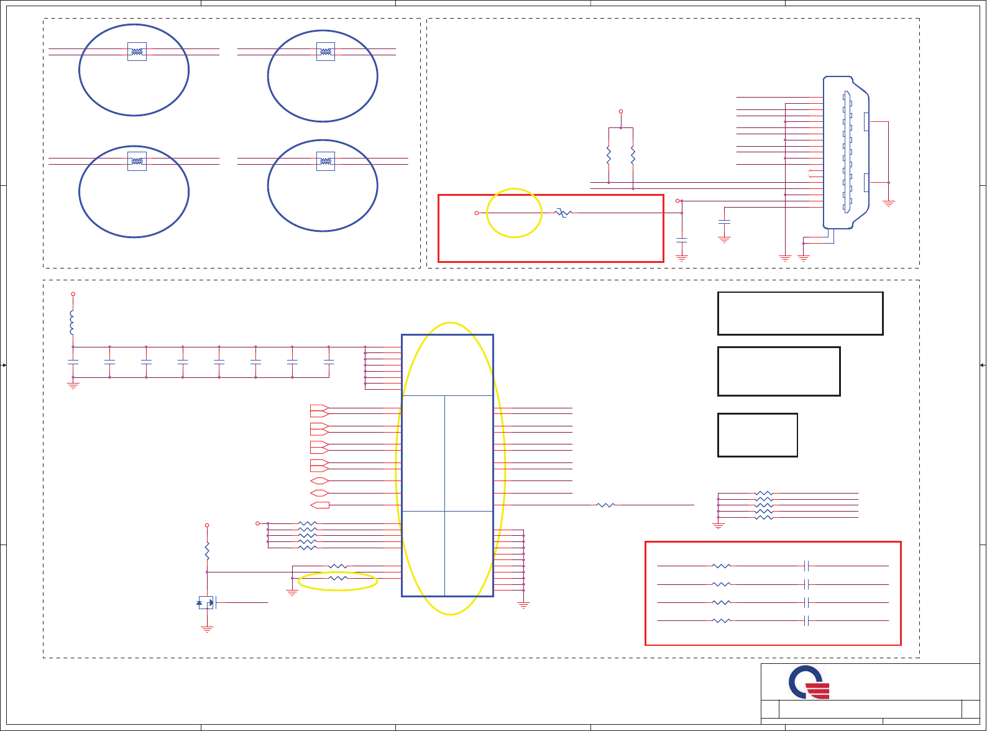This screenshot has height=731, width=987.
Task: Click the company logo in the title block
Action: coord(809,683)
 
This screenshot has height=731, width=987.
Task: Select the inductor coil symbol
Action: coord(72,322)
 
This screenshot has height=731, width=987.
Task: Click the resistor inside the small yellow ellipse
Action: coord(337,578)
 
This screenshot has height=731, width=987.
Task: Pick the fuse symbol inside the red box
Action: coord(563,213)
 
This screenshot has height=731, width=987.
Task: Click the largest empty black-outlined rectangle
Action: coord(800,313)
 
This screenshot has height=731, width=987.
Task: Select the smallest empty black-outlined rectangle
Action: coord(757,435)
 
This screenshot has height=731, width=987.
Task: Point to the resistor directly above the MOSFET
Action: coord(207,550)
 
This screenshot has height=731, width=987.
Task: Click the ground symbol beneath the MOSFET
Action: coord(207,629)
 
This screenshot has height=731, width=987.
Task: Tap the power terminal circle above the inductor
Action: coord(73,294)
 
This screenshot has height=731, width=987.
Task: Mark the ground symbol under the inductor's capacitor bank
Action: coord(73,385)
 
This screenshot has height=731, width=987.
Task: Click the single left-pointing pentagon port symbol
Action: coord(319,505)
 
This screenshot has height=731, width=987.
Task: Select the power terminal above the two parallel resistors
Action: coord(621,111)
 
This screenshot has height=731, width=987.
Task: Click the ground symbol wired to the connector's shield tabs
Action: coord(889,203)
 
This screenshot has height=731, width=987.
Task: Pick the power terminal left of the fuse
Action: coord(477,213)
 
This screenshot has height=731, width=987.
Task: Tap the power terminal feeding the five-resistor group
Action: coord(257,523)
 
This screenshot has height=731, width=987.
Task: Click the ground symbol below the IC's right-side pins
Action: coord(523,604)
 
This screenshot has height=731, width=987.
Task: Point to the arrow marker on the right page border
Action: coord(983,365)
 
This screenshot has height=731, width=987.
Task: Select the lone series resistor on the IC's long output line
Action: coord(605,505)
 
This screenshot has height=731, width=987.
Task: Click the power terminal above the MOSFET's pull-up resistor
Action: coord(207,525)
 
